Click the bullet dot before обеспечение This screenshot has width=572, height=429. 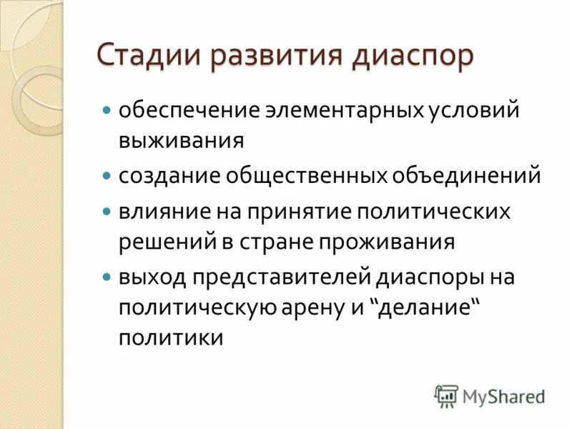[107, 112]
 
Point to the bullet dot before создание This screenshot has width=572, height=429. [107, 175]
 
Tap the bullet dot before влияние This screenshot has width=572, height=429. [107, 212]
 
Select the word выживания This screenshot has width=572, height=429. [181, 139]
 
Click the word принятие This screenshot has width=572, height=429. [307, 212]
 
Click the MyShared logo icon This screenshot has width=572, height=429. [446, 395]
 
